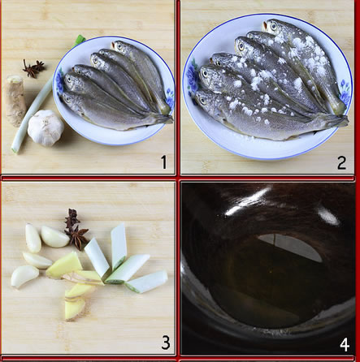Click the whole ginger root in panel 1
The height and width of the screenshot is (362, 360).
pyautogui.click(x=15, y=101)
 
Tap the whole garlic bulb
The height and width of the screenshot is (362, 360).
pyautogui.click(x=46, y=127)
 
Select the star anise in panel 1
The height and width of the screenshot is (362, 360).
pyautogui.click(x=33, y=68)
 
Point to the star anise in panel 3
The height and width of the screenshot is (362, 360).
pyautogui.click(x=76, y=229)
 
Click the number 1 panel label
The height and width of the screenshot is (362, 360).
pyautogui.click(x=164, y=162)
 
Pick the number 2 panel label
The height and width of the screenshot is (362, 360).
pyautogui.click(x=341, y=162)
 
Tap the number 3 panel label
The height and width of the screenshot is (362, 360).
pyautogui.click(x=166, y=343)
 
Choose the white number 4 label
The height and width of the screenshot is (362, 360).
pyautogui.click(x=345, y=345)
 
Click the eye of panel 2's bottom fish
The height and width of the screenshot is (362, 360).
pyautogui.click(x=202, y=101)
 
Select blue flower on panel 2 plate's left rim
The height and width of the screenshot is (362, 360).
pyautogui.click(x=192, y=75)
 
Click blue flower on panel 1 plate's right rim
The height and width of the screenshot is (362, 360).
pyautogui.click(x=170, y=98)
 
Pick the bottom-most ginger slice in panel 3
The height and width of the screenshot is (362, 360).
pyautogui.click(x=75, y=308)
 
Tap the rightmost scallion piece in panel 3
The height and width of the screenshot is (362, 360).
pyautogui.click(x=147, y=282)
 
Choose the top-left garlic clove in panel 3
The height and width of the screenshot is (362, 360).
pyautogui.click(x=33, y=238)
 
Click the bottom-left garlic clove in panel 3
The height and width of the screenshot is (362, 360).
pyautogui.click(x=24, y=276)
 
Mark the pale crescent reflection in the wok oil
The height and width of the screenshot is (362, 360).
pyautogui.click(x=290, y=246)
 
